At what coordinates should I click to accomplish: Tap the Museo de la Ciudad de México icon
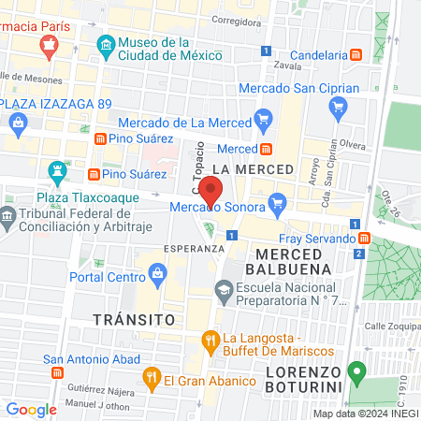[x=106, y=44]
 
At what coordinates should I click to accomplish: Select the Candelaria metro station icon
[x=356, y=55]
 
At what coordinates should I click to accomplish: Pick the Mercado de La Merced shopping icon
[x=264, y=121]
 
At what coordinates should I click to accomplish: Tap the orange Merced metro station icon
[x=267, y=149]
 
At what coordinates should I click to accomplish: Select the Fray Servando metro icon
[x=375, y=238]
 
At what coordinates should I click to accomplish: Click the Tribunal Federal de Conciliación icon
[x=8, y=219]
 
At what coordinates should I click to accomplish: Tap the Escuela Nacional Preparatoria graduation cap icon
[x=225, y=294]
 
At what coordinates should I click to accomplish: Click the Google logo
[x=31, y=409]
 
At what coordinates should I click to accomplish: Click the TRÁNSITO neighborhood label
[x=134, y=319]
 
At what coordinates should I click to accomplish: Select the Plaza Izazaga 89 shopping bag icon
[x=18, y=122]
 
